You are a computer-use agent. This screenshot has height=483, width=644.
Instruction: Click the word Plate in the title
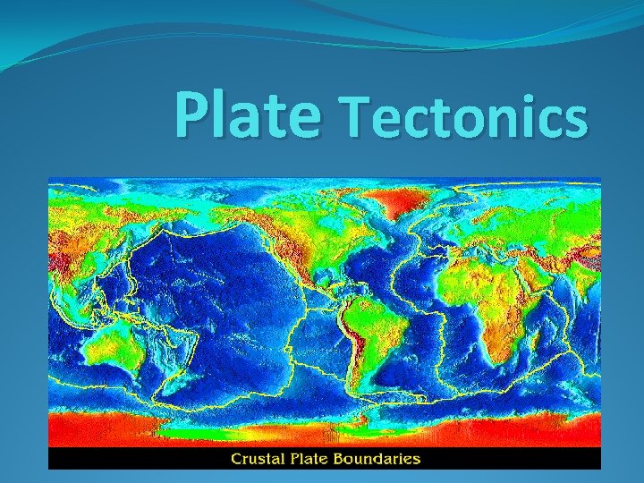247,114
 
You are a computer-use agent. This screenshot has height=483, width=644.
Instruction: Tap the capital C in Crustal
238,459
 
